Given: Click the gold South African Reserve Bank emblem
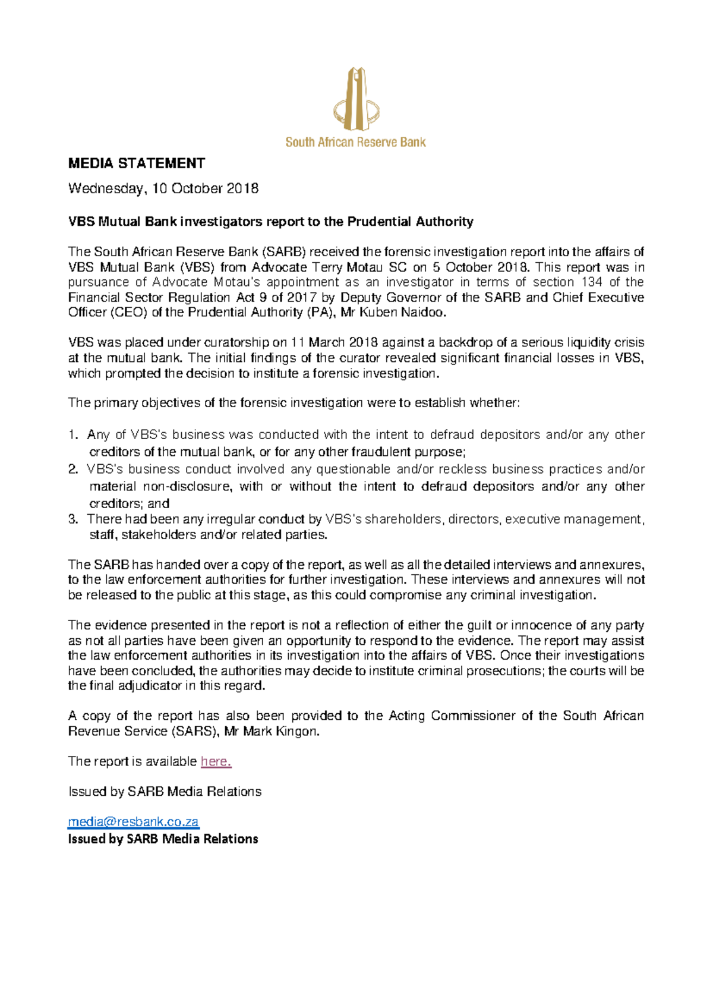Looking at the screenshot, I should (x=356, y=99).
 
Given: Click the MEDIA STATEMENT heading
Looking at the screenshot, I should (x=137, y=163).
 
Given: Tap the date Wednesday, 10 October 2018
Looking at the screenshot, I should (x=163, y=189).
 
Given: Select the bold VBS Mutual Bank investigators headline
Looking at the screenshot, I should (x=270, y=222).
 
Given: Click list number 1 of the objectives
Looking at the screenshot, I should (x=73, y=435).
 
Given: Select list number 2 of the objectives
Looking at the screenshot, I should (x=73, y=470).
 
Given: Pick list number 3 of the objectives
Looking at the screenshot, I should (x=73, y=519).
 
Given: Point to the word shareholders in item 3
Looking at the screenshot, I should (x=403, y=519).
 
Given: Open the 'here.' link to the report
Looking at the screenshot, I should (x=216, y=762).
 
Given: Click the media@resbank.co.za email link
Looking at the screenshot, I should (x=133, y=822).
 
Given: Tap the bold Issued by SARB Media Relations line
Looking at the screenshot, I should (x=163, y=839).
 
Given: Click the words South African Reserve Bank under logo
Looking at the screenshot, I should (x=355, y=142).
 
